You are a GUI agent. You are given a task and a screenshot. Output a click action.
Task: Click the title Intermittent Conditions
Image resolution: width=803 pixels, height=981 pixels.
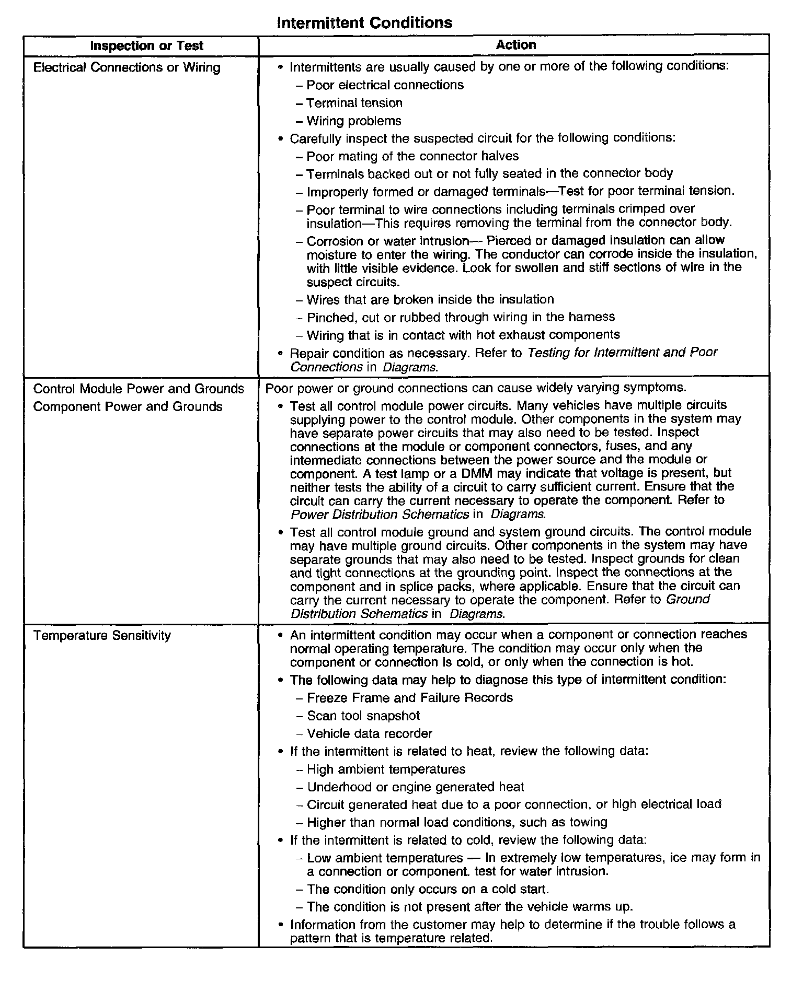364,23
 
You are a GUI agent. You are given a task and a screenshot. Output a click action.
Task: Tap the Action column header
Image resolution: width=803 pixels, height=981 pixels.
515,45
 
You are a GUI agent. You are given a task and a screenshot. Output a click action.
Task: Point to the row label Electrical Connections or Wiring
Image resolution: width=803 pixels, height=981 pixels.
127,67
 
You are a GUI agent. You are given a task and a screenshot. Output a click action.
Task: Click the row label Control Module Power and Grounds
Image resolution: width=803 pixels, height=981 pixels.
139,389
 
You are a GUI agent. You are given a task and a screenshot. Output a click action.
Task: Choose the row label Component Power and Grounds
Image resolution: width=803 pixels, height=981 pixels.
128,406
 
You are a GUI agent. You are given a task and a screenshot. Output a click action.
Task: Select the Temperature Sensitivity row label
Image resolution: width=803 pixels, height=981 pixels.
102,636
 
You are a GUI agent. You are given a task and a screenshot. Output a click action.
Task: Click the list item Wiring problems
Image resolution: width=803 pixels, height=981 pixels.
354,121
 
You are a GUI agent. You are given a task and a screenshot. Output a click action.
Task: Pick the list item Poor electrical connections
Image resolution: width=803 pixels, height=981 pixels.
385,85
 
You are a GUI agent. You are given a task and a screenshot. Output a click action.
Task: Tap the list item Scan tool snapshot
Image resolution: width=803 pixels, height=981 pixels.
363,716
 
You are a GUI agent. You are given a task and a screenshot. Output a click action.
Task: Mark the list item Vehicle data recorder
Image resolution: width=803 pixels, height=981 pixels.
370,733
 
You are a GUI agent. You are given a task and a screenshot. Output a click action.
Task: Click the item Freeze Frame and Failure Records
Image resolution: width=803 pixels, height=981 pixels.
410,698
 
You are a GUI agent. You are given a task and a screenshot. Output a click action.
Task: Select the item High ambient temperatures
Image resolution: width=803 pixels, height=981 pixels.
386,769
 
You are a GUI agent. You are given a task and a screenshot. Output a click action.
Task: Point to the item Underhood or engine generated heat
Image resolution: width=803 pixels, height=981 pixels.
415,787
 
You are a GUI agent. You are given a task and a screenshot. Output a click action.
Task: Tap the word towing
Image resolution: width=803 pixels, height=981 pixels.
589,823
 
